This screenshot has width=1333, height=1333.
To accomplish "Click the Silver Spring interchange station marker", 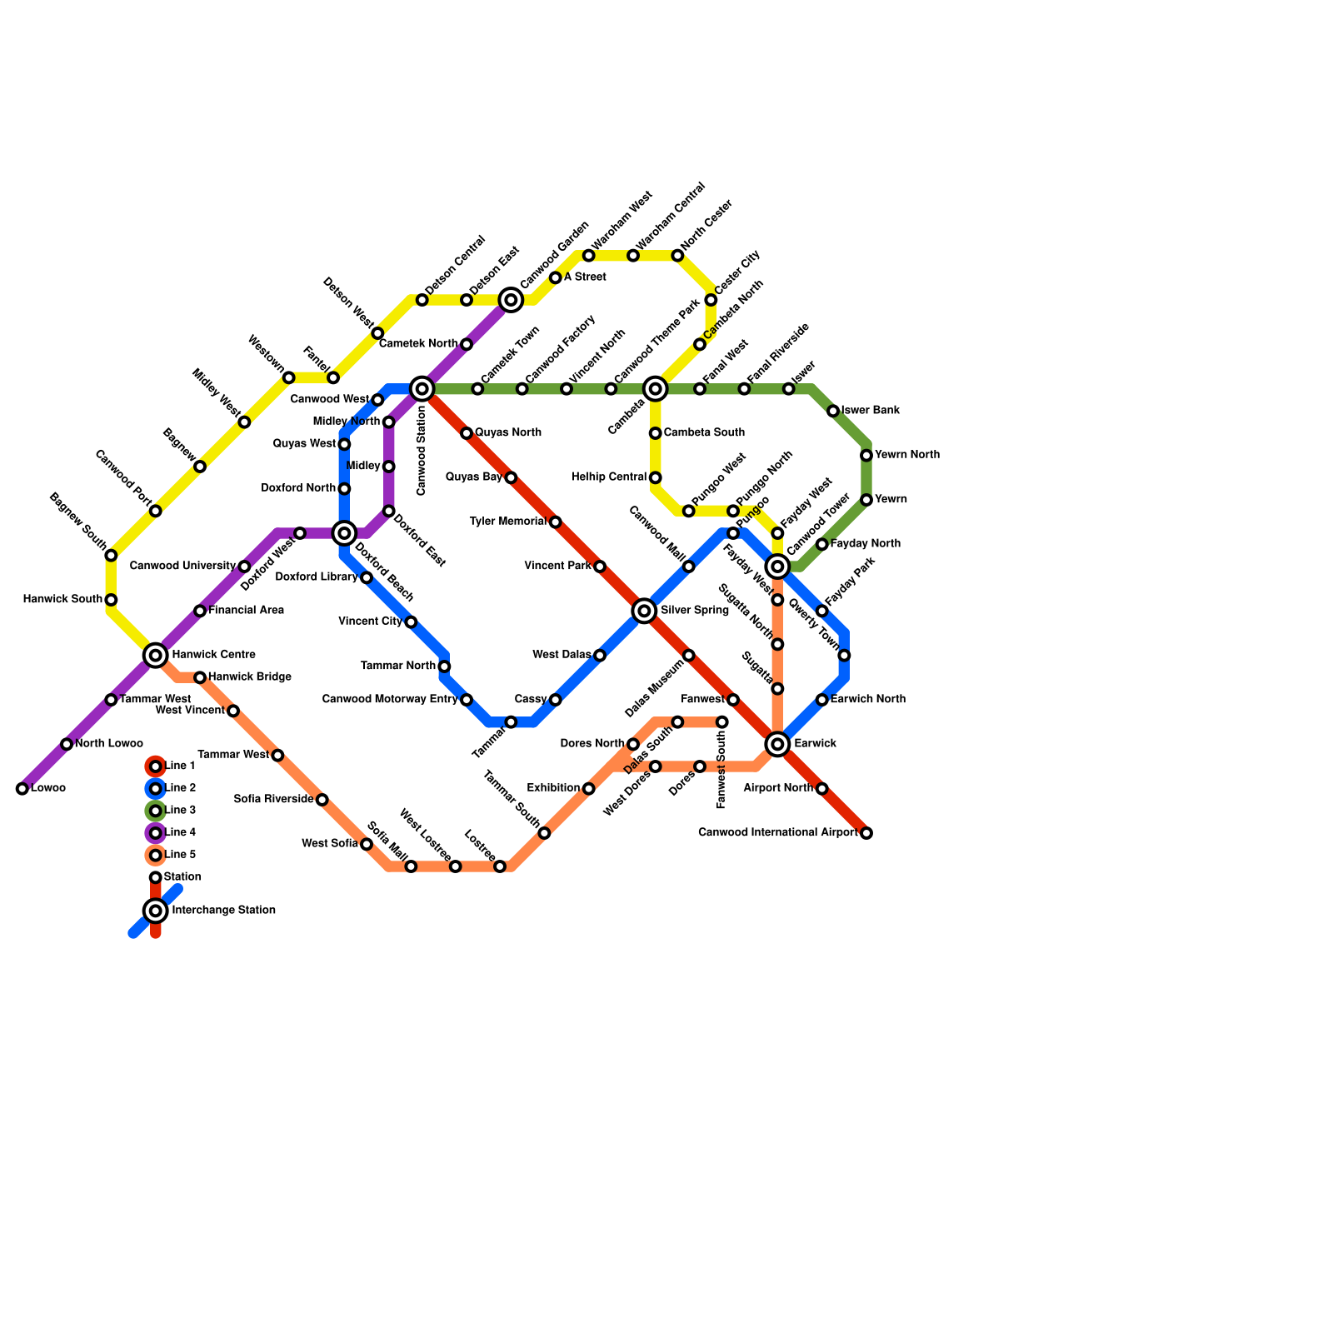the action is click(x=644, y=611).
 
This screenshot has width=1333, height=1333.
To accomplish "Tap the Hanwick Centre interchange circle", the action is click(x=156, y=656).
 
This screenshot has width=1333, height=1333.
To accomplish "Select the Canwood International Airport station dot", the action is click(x=866, y=833).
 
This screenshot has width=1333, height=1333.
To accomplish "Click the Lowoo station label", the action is click(x=47, y=789).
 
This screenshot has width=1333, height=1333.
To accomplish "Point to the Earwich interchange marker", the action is click(x=777, y=744).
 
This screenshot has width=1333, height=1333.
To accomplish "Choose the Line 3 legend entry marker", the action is click(x=156, y=811).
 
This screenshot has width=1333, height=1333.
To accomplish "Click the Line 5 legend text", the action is click(x=180, y=855).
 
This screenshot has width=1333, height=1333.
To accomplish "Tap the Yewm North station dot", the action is click(x=866, y=456).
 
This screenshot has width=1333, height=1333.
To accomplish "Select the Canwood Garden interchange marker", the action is click(x=511, y=300).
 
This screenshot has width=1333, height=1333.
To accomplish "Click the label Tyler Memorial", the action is click(x=508, y=522).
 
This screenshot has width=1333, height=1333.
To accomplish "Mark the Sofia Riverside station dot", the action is click(x=322, y=800).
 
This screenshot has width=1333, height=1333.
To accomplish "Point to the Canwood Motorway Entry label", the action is click(x=390, y=700).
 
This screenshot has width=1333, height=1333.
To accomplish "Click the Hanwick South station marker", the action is click(x=111, y=600).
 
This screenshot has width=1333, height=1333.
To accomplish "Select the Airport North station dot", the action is click(x=822, y=789).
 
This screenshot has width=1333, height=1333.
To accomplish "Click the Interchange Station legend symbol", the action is click(x=156, y=911).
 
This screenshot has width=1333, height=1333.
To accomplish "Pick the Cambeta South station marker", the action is click(x=656, y=433).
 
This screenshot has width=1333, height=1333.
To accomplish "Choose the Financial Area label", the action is click(x=246, y=611).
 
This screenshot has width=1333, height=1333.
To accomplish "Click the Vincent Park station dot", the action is click(x=600, y=567).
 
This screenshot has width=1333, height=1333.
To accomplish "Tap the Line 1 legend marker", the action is click(x=156, y=766).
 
